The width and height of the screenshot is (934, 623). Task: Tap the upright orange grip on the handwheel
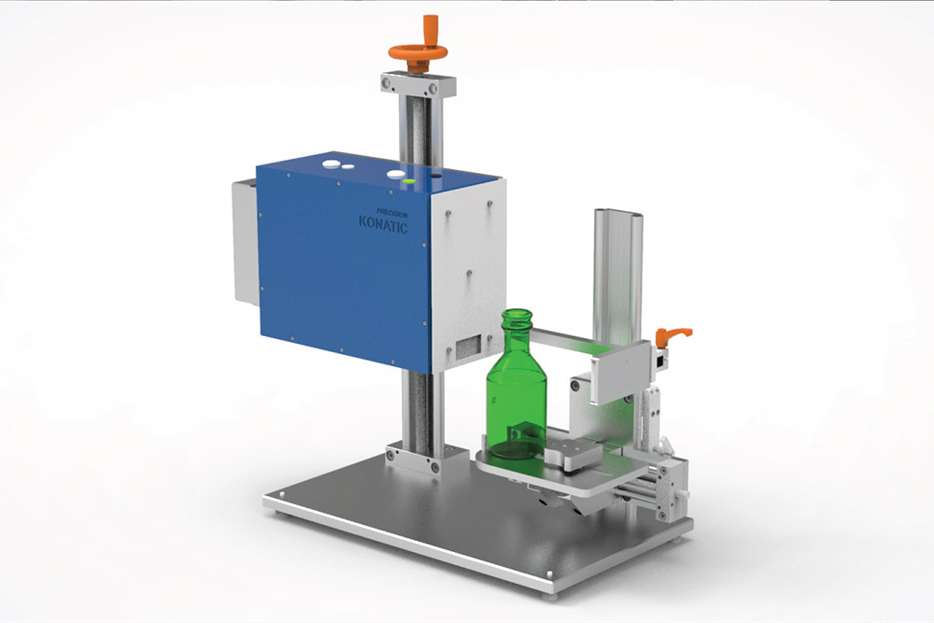pos(431,27)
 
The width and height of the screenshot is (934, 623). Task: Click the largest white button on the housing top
pos(331,163)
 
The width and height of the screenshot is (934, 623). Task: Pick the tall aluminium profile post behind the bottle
pos(618,271)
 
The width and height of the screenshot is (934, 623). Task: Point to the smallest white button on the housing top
pos(348,168)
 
